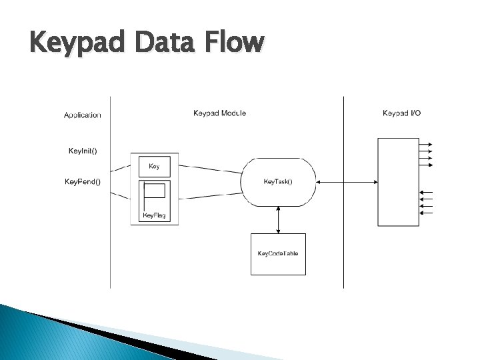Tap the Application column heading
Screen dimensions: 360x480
coord(83,115)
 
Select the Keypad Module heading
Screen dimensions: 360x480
coord(219,113)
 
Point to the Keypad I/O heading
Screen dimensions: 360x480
coord(401,113)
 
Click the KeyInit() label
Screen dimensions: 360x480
coord(83,151)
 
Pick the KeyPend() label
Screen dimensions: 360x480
coord(83,181)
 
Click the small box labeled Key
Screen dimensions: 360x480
coord(154,166)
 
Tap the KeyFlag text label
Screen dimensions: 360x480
coord(154,215)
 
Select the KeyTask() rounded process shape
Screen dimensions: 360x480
coord(278,181)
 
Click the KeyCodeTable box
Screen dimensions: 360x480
coord(278,254)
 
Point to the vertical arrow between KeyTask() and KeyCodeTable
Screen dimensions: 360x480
coord(278,219)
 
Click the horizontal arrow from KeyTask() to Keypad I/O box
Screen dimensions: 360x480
coord(347,181)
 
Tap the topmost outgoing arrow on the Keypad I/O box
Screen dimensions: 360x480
coord(427,145)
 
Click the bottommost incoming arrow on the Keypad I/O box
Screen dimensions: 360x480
coord(427,213)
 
